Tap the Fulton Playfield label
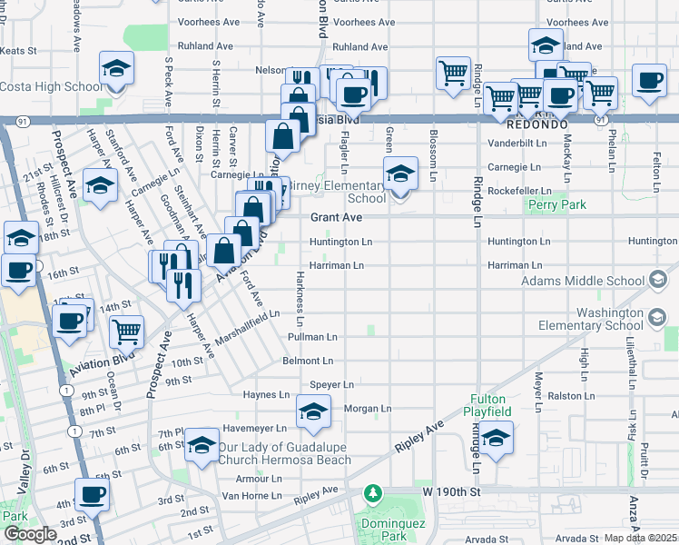[x=490, y=405]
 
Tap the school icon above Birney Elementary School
[x=399, y=173]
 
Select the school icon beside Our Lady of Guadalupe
[x=201, y=445]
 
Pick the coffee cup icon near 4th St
[x=92, y=495]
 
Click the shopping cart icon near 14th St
[x=127, y=332]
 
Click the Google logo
[x=30, y=534]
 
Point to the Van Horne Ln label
[x=254, y=496]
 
